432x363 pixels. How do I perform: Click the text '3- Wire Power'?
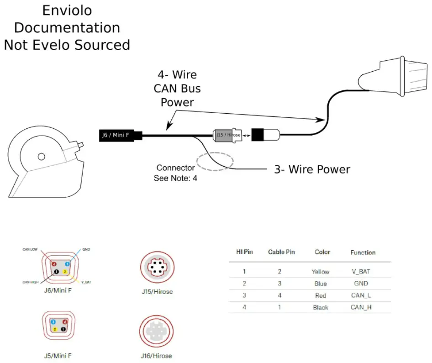(312, 169)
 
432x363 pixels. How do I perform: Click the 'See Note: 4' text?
(175, 178)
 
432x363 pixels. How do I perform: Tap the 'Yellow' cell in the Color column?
(320, 272)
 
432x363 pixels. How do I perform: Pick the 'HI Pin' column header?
(244, 252)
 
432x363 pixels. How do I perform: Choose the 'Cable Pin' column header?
(281, 252)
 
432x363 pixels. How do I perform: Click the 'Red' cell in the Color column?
(321, 295)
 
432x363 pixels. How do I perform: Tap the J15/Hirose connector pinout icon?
(157, 268)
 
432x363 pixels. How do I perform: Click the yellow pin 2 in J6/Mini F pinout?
(65, 272)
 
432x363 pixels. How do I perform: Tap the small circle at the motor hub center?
(41, 157)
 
